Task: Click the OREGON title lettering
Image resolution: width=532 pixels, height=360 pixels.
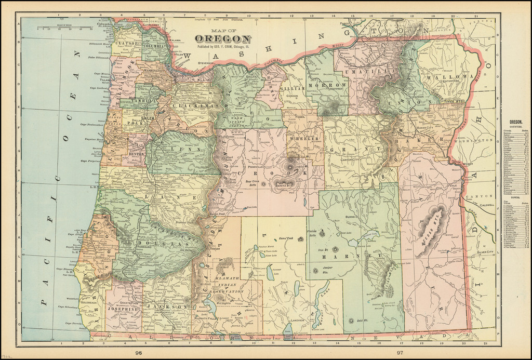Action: pos(223,39)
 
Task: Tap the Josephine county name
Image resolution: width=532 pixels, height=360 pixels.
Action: pos(122,309)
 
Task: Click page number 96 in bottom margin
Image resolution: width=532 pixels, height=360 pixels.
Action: pos(138,353)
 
